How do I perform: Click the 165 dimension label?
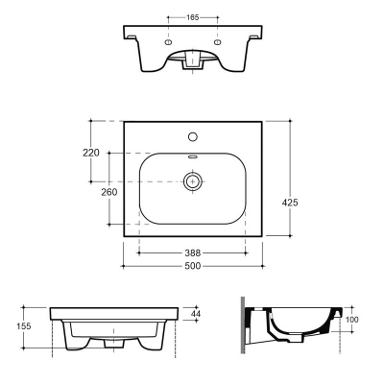pos(193,17)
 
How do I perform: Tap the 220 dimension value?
pos(91,153)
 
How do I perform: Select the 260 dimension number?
pos(109,192)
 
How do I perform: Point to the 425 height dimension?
pos(290,203)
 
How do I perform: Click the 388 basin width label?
pos(193,253)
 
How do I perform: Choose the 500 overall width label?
pos(193,266)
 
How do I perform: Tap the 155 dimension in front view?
pos(24,326)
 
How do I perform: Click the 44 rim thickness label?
pos(196,314)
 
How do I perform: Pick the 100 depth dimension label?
pos(352,320)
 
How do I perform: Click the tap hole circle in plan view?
pos(193,136)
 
